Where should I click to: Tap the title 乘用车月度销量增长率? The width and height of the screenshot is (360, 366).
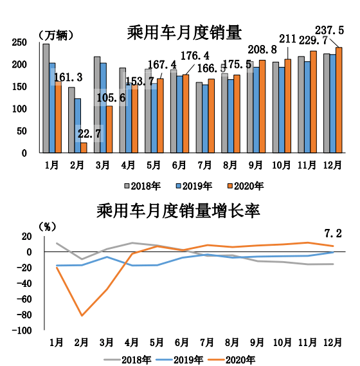[x=177, y=210]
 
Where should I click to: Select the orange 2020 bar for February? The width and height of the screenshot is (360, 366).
[x=84, y=147]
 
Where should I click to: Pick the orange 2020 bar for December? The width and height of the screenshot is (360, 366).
[x=339, y=100]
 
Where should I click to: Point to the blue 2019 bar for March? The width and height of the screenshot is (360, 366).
[x=104, y=108]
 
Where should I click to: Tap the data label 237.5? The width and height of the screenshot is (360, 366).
[x=332, y=30]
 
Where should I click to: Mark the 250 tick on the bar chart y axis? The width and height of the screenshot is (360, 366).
[x=19, y=42]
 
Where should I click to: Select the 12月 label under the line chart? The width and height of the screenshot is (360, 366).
[x=334, y=341]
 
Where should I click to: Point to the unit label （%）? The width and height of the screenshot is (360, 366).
[x=48, y=226]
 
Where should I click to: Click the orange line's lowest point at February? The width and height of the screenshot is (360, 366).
[x=82, y=316]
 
